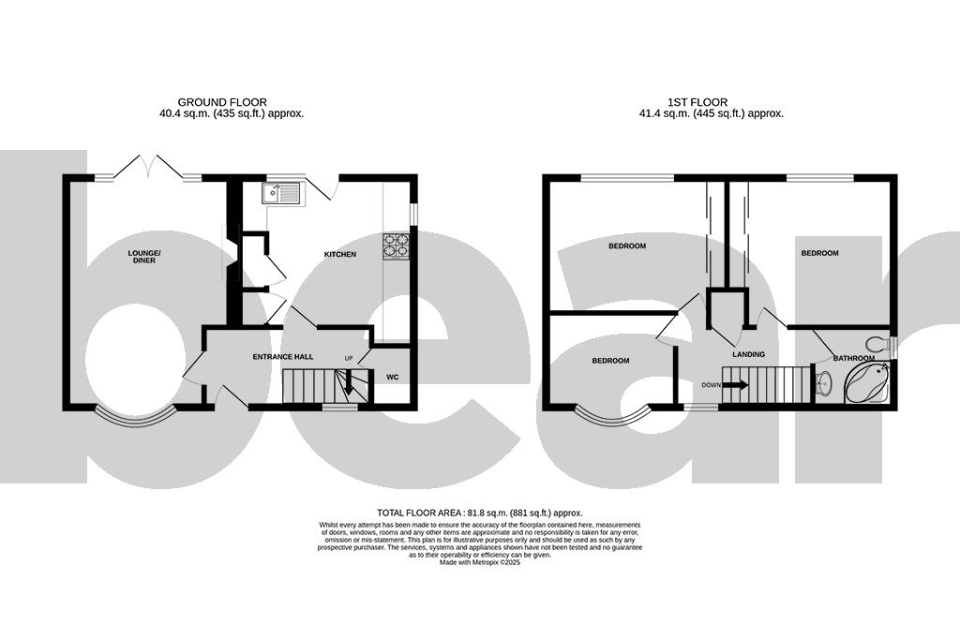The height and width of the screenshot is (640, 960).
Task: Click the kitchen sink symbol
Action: pos(280,193)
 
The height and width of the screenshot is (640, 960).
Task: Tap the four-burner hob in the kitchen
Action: pos(397,245)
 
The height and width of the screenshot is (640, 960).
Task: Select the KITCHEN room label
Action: pos(340,255)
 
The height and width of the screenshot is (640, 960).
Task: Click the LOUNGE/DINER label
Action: pos(144,257)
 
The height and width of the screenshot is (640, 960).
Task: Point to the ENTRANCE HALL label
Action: pos(282,357)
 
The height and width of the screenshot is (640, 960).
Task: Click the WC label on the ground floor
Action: pos(393,378)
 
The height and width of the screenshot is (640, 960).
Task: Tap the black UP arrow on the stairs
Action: pos(348,380)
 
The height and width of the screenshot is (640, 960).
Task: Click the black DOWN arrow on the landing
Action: pos(736,384)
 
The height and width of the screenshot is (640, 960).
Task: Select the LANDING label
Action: pos(749,355)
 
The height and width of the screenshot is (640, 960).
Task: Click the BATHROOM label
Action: pos(854,358)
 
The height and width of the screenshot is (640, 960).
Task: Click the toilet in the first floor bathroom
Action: pos(878,343)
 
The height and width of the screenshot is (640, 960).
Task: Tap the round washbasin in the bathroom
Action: pos(823,382)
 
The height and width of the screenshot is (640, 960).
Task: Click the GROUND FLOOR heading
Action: pos(222,102)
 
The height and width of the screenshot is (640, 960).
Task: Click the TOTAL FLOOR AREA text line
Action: pos(480,513)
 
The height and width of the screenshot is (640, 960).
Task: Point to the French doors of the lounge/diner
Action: pos(145,169)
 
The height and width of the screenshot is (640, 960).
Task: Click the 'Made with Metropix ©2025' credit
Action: pos(480,562)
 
